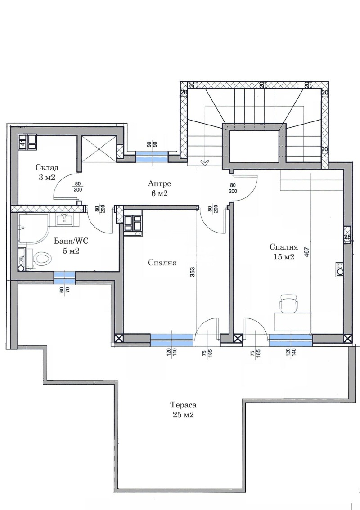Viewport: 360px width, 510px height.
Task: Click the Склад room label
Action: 47,168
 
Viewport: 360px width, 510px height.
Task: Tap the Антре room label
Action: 159,184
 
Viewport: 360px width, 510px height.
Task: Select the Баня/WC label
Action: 71,242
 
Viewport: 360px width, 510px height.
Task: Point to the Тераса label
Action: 183,405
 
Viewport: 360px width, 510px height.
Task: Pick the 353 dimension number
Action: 192,273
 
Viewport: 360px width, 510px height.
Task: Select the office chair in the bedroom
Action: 288,303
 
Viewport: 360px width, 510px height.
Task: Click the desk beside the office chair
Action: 293,322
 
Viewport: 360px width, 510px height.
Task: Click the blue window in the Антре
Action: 152,157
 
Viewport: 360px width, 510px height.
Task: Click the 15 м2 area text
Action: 284,257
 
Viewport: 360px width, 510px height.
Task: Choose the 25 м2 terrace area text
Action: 183,415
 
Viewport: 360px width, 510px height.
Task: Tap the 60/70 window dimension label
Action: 64,289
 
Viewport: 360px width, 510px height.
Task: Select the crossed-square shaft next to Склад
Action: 98,149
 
